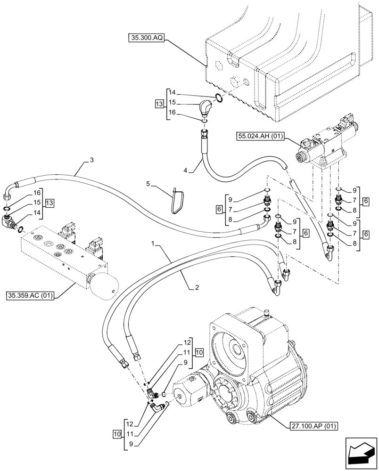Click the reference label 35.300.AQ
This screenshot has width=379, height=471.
[x=145, y=38]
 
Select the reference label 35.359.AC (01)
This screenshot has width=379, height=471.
[x=31, y=295]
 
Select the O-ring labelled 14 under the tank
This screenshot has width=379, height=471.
[x=219, y=97]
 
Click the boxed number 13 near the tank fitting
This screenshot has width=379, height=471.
[x=159, y=102]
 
